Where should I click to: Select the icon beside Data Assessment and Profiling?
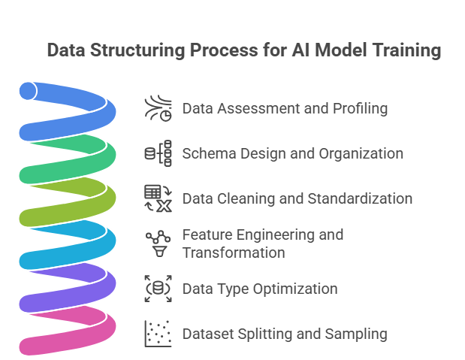tap(158, 108)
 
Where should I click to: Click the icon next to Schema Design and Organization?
tap(158, 153)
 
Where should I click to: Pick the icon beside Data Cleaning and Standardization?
tap(158, 198)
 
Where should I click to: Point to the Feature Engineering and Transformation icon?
tap(158, 244)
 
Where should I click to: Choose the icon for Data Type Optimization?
tap(158, 289)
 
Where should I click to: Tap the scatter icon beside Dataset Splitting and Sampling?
tap(158, 334)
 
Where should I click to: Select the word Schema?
tap(206, 153)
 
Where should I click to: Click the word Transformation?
tap(233, 253)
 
